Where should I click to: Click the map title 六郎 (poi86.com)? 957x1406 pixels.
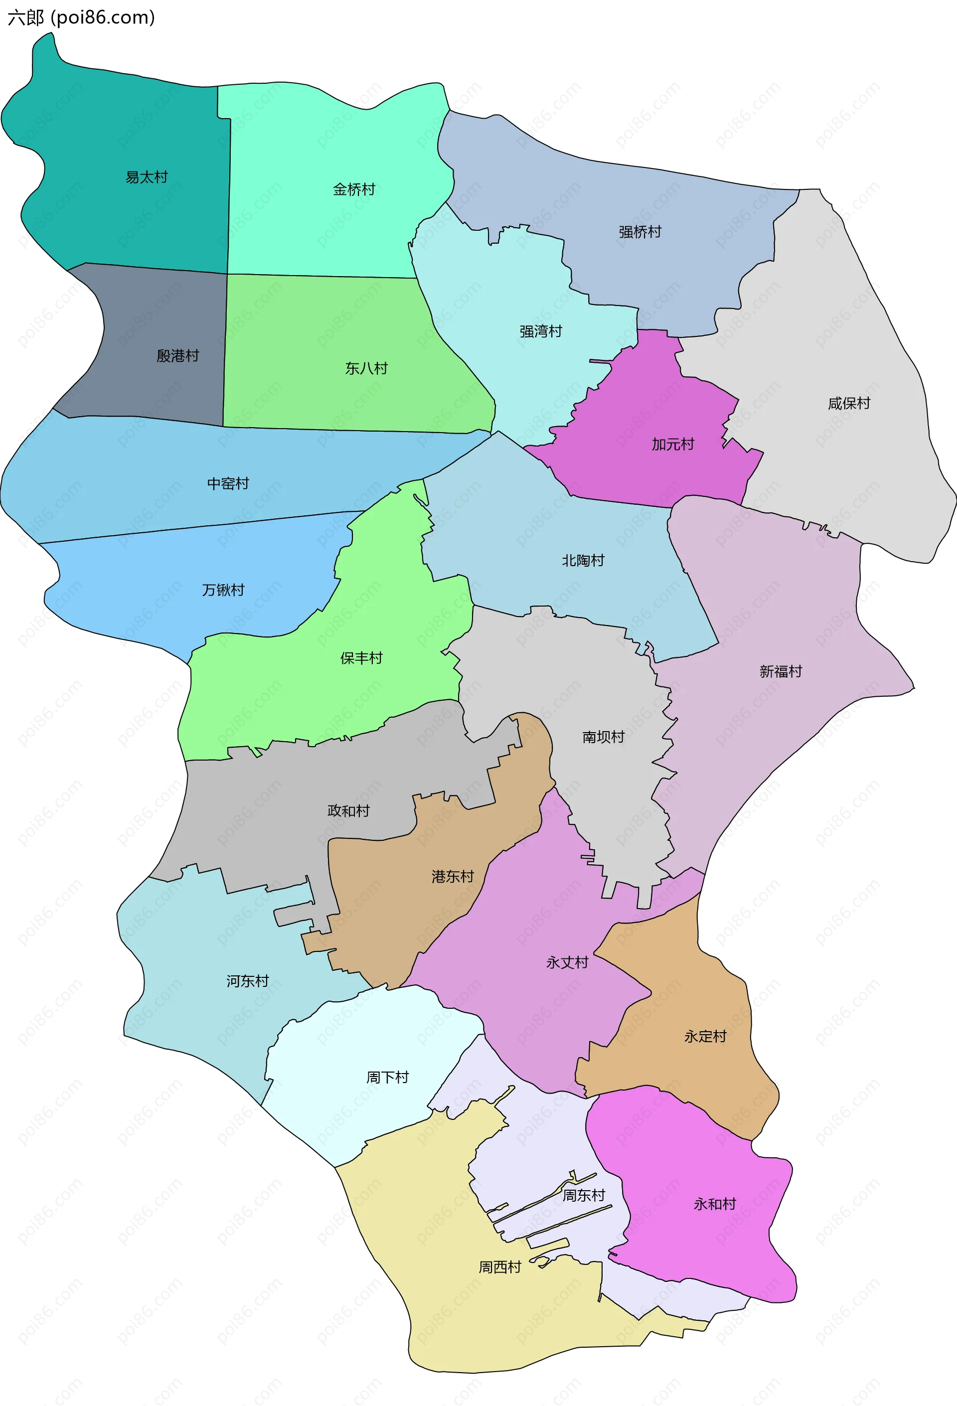coord(81,17)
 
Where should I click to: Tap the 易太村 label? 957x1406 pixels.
coord(147,177)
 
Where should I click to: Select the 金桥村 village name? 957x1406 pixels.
coord(354,189)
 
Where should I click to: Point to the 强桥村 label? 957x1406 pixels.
coord(639,232)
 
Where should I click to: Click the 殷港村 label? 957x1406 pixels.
coord(178,356)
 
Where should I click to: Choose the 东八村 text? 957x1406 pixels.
coord(366,368)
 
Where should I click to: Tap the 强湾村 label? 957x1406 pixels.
coord(540,331)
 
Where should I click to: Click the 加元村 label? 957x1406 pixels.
coord(673,444)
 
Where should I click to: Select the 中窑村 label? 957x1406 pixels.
coord(228,483)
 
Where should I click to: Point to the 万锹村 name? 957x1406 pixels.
coord(223,590)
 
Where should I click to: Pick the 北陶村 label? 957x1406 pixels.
coord(583,560)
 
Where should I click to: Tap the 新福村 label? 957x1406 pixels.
coord(781,671)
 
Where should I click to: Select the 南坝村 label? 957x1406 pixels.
coord(603,736)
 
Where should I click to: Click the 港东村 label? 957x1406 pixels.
coord(453,876)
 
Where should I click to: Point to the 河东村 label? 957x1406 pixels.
coord(247,981)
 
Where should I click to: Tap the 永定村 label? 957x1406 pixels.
coord(705,1036)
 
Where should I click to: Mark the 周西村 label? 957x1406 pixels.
coord(499,1267)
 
